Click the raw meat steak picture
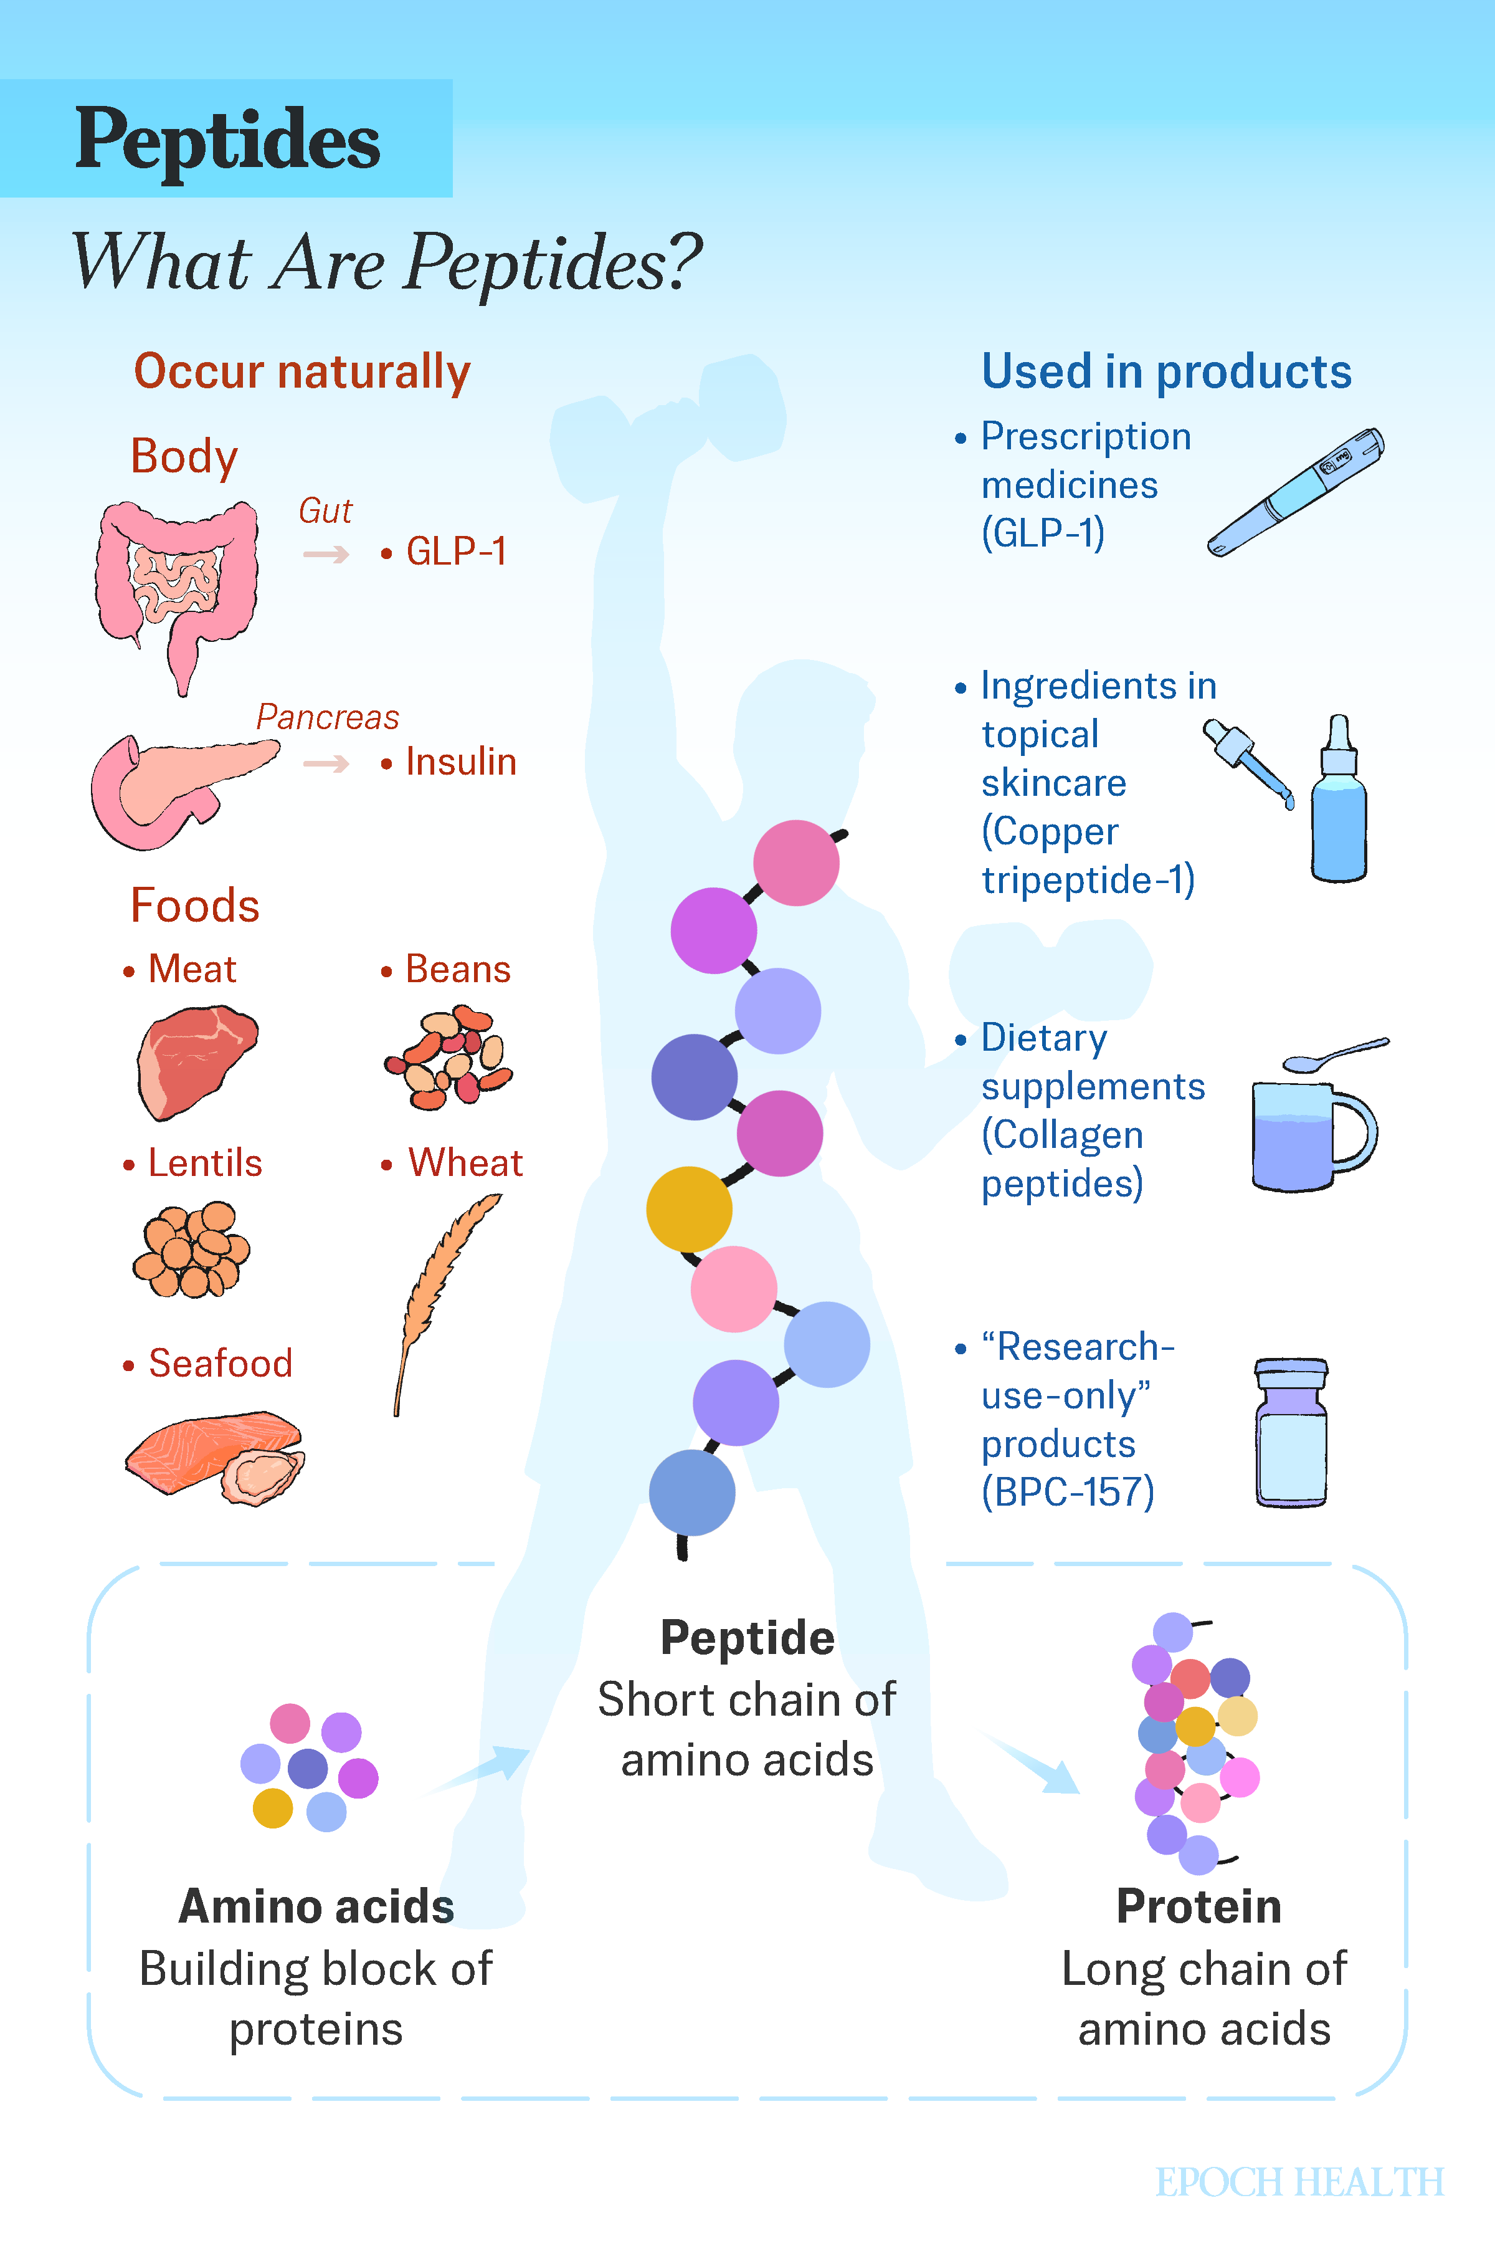tap(196, 1061)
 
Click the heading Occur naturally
tap(302, 372)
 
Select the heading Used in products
tap(1166, 372)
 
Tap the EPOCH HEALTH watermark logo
tap(1299, 2182)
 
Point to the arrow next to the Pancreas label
tap(326, 763)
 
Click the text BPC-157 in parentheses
tap(1068, 1492)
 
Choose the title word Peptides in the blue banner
tap(228, 141)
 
